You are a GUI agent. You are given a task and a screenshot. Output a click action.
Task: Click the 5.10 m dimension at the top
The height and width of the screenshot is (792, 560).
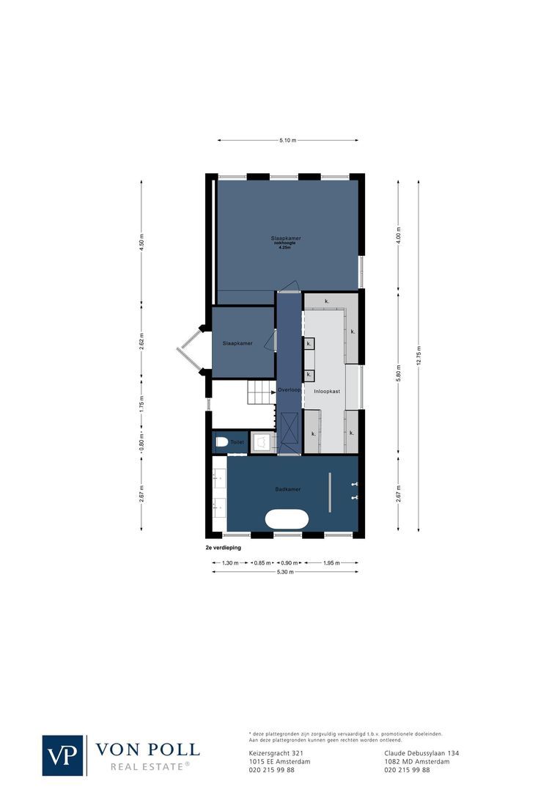[x=288, y=141]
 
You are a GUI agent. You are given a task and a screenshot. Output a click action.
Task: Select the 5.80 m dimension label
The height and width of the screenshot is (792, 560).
[x=398, y=371]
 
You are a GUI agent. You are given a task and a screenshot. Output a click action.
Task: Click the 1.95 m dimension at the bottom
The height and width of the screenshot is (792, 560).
[x=332, y=562]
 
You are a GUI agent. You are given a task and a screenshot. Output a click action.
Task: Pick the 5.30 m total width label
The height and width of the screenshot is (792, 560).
[x=285, y=572]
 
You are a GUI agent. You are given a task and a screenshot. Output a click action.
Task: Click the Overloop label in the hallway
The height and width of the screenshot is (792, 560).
[x=289, y=390]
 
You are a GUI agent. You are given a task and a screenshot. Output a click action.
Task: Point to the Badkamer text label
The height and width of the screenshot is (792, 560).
[x=288, y=489]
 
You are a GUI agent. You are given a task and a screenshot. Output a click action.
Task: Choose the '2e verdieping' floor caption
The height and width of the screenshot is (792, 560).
[x=224, y=547]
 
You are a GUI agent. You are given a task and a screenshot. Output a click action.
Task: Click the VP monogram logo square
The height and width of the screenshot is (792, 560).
[x=63, y=755]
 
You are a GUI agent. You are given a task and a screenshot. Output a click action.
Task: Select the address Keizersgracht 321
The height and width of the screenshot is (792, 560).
[x=276, y=752]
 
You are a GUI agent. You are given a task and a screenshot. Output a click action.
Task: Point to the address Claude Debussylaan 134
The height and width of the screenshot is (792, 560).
[x=421, y=752]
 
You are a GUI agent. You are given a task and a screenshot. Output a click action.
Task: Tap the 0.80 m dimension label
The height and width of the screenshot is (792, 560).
[x=142, y=443]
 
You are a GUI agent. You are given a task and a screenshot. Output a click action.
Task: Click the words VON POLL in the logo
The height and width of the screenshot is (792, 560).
[x=147, y=749]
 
